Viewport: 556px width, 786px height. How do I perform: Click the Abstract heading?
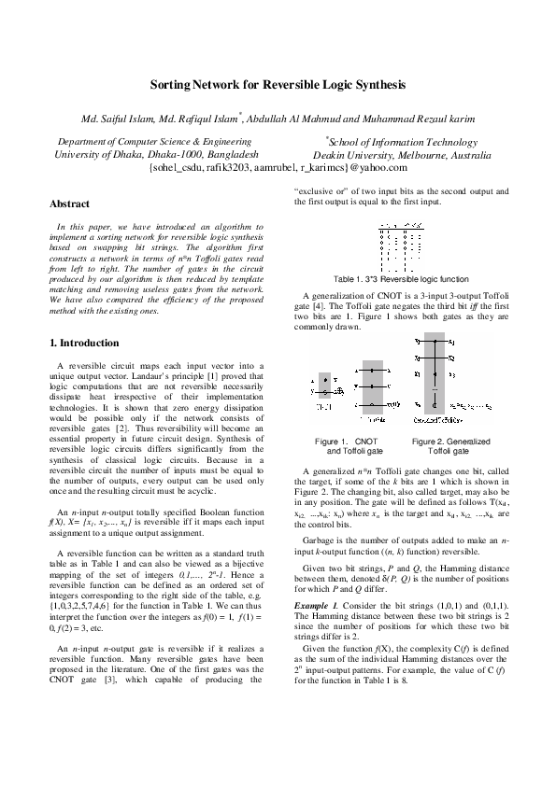pos(69,203)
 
